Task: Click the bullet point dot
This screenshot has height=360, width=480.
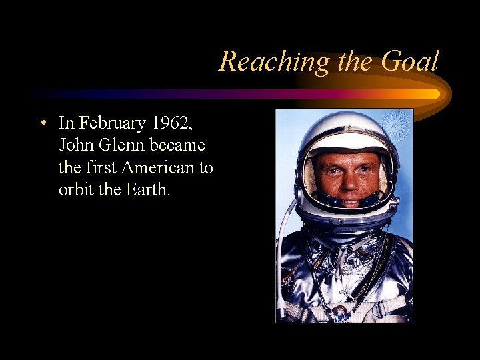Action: tap(42, 123)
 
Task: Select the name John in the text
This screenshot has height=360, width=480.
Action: tap(74, 145)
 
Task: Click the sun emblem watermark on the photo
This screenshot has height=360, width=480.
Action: tap(395, 125)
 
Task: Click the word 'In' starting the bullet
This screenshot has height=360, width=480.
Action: tap(65, 123)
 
